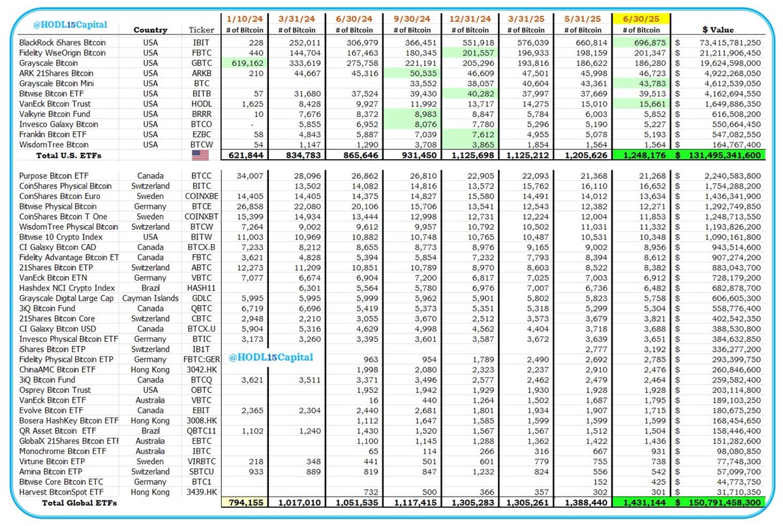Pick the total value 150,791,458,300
[726, 503]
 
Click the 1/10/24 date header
[245, 19]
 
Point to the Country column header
[150, 29]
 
